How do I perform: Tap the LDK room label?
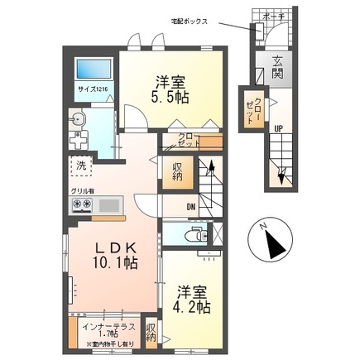pyautogui.click(x=103, y=249)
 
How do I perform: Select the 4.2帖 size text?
pyautogui.click(x=192, y=304)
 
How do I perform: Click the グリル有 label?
pyautogui.click(x=84, y=191)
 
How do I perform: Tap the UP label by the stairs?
pyautogui.click(x=278, y=128)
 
